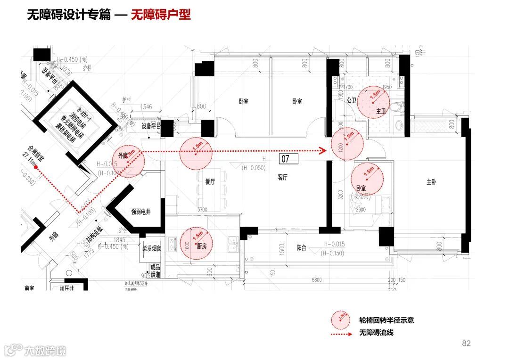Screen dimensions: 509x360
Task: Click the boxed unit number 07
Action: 289,158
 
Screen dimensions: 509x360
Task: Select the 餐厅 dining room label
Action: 210,182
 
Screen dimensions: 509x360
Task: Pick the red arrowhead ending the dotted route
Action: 322,151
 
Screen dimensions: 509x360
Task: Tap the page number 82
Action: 466,344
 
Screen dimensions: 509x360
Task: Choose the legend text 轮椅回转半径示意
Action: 386,320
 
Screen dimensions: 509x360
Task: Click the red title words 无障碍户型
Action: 161,15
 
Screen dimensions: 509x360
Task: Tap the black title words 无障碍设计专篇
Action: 68,15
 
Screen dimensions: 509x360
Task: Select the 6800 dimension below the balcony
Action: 316,280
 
